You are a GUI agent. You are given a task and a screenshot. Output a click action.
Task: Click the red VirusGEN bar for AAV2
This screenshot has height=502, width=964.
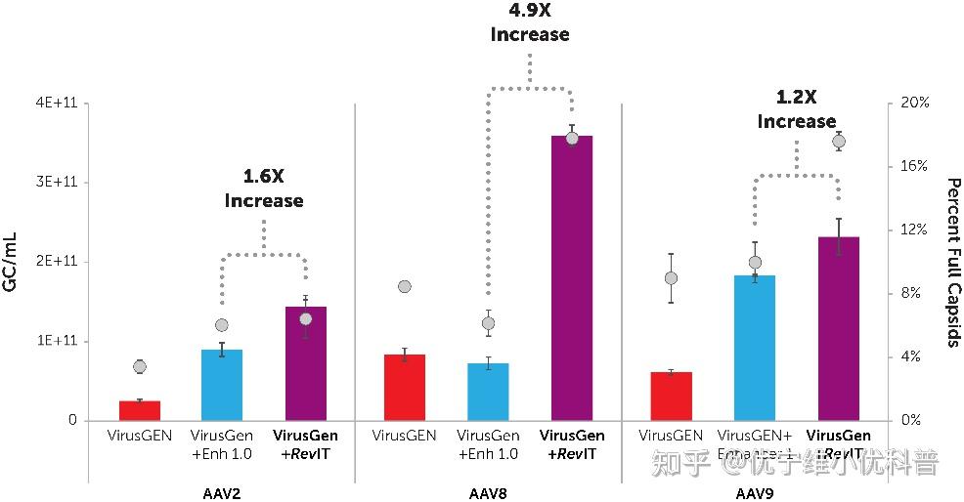pyautogui.click(x=140, y=410)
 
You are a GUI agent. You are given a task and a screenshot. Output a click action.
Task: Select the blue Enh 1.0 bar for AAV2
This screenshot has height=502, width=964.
pyautogui.click(x=222, y=385)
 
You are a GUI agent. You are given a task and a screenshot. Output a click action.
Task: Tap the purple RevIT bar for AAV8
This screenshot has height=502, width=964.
pyautogui.click(x=572, y=278)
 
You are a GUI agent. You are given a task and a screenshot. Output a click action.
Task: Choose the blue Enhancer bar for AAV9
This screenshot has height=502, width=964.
pyautogui.click(x=754, y=348)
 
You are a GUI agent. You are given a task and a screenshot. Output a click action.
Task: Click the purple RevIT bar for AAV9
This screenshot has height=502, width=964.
pyautogui.click(x=839, y=328)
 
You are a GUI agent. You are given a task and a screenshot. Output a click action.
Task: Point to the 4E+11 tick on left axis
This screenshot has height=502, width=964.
pyautogui.click(x=58, y=104)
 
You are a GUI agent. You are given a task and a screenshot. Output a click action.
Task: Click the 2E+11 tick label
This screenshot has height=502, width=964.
pyautogui.click(x=58, y=262)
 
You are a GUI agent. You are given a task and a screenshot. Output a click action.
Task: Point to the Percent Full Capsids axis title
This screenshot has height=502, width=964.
pyautogui.click(x=952, y=262)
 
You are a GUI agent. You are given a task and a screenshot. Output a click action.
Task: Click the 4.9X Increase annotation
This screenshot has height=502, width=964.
pyautogui.click(x=529, y=23)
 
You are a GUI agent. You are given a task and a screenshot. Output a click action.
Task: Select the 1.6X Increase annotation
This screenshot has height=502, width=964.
pyautogui.click(x=264, y=188)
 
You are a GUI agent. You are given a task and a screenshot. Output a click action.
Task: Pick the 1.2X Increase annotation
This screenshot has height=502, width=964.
pyautogui.click(x=797, y=109)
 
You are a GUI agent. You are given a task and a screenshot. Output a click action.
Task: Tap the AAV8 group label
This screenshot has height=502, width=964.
pyautogui.click(x=488, y=493)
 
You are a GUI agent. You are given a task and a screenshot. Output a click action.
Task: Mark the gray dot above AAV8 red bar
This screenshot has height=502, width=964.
pyautogui.click(x=405, y=286)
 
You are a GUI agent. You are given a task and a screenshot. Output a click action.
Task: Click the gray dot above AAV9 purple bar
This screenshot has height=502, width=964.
pyautogui.click(x=839, y=142)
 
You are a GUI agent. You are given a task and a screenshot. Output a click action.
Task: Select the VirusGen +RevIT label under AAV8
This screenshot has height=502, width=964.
pyautogui.click(x=572, y=444)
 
